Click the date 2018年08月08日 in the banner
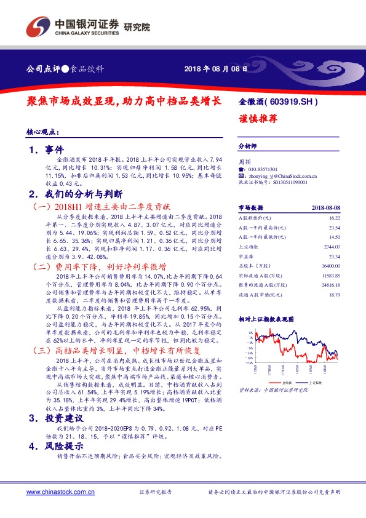coord(216,69)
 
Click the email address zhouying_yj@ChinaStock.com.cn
coord(277,175)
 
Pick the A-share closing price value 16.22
coord(333,218)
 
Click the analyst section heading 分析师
coord(247,147)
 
